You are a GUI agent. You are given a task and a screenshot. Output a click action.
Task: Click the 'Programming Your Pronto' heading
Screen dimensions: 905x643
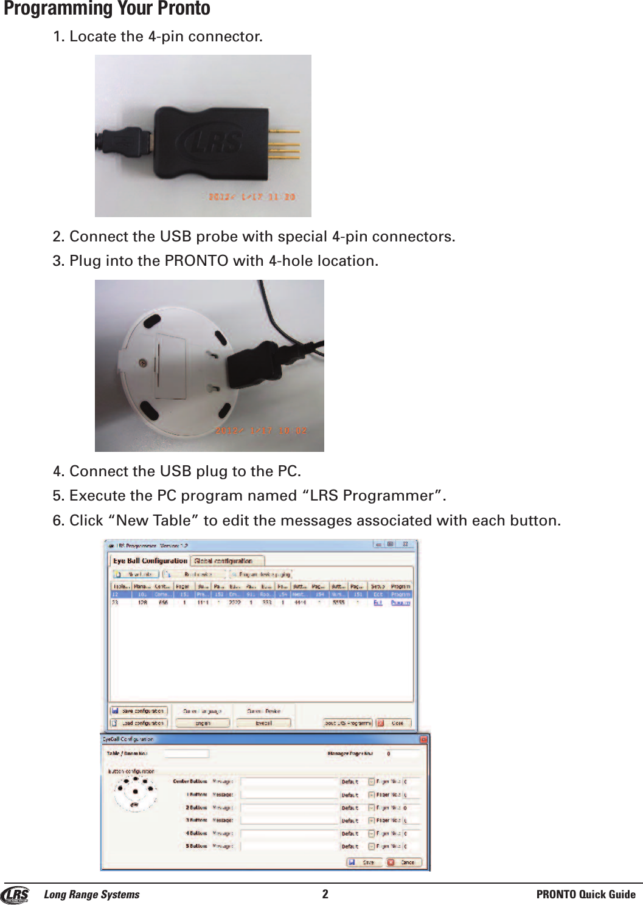click(107, 9)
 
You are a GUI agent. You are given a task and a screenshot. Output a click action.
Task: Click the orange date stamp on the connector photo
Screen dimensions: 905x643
click(251, 197)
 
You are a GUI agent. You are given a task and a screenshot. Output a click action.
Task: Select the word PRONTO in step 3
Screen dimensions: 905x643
click(196, 261)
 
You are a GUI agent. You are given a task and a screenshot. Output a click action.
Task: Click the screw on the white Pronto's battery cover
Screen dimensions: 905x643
click(142, 363)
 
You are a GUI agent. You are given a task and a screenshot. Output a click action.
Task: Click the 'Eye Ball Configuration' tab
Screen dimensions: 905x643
click(150, 561)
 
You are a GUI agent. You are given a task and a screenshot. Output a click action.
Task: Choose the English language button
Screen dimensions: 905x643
click(203, 723)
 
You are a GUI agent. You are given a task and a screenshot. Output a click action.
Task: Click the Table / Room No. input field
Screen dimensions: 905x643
click(186, 754)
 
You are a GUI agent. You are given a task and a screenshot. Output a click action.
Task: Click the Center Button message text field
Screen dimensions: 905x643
click(290, 782)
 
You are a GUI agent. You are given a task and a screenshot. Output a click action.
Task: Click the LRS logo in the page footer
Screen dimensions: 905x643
click(15, 895)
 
